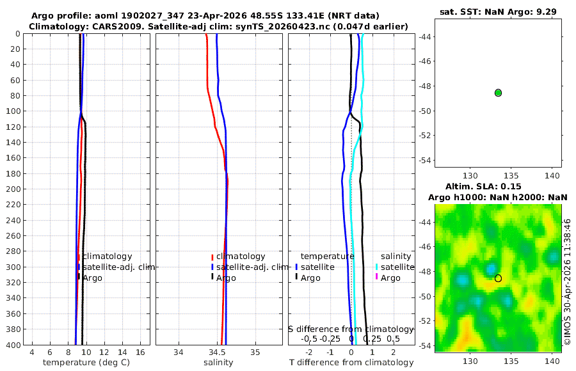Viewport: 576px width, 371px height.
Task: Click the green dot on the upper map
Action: click(498, 93)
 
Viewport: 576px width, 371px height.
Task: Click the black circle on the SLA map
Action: click(498, 278)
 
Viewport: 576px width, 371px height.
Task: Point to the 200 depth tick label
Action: click(13, 189)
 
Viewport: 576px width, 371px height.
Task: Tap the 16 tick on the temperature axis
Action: click(140, 352)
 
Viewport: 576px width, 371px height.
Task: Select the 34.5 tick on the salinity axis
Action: click(217, 352)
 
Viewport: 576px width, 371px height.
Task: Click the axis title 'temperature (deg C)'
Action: click(86, 363)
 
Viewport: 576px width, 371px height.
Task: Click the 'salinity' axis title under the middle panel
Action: click(218, 363)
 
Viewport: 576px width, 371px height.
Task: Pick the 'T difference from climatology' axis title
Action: click(351, 363)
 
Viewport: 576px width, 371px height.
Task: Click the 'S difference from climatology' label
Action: click(351, 329)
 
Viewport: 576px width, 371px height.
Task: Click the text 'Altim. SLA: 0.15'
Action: click(483, 186)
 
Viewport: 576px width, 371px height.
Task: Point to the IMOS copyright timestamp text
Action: click(568, 282)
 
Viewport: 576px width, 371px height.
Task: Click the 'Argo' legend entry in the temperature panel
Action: click(92, 278)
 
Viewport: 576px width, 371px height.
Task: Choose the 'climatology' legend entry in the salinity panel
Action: click(241, 257)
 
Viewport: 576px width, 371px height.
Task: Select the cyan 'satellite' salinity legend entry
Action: click(397, 267)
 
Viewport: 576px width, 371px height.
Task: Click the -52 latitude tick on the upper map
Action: click(426, 136)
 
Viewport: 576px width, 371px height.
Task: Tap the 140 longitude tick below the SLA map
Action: click(552, 361)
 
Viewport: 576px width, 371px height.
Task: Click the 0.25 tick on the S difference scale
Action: click(372, 338)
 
